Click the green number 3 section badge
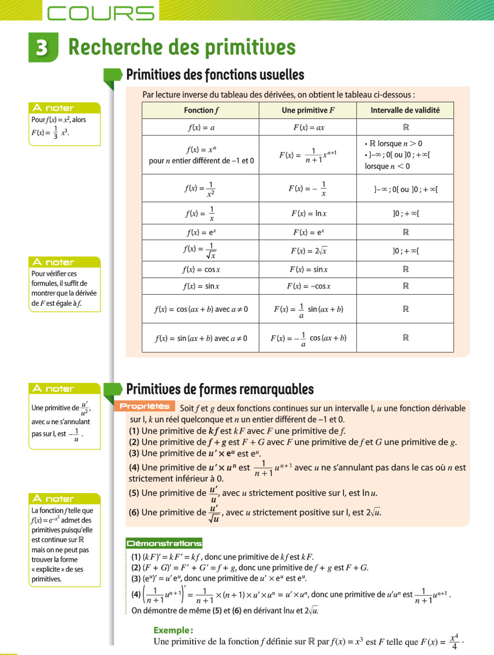(x=43, y=47)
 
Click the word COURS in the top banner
(x=100, y=13)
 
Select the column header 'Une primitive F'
(x=308, y=110)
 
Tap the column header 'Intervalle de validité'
(x=405, y=110)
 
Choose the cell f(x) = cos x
(x=201, y=270)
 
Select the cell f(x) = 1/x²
(x=200, y=189)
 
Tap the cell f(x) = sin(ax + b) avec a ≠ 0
(x=201, y=338)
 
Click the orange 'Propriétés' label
(x=145, y=406)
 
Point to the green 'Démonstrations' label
(x=164, y=543)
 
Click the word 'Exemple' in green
(x=173, y=630)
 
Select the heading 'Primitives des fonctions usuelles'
(x=215, y=75)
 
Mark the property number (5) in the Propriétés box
(x=134, y=493)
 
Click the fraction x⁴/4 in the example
(x=454, y=642)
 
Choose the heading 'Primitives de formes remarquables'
(x=220, y=389)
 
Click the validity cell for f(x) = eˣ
(x=405, y=232)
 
